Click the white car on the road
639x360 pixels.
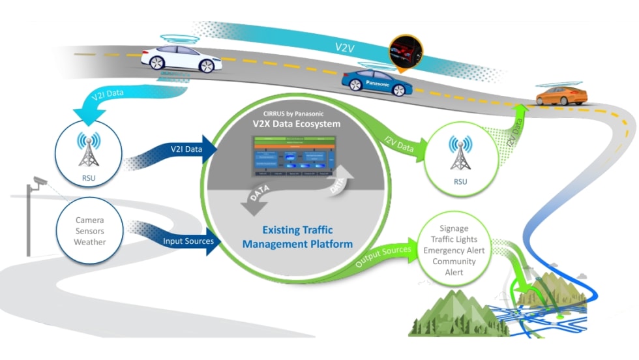pos(181,58)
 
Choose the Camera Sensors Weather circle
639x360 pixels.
pos(89,231)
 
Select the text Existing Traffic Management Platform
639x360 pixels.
pos(297,237)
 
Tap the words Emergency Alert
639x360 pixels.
pos(454,250)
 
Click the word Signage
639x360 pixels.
pos(454,228)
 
